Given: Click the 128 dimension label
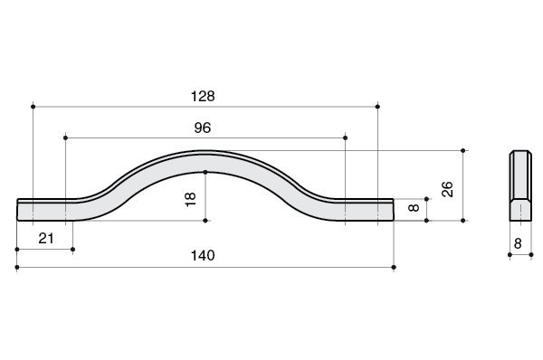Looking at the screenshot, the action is tap(203, 96).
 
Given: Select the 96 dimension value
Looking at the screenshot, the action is tap(202, 128).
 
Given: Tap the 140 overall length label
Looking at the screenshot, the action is tap(203, 255).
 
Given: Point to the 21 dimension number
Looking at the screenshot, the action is tap(46, 239).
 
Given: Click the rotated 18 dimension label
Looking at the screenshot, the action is tap(190, 200).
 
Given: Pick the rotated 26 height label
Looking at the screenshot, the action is tap(447, 189).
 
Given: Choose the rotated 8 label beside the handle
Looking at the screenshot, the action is tap(414, 208).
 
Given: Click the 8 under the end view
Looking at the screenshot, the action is tap(518, 243).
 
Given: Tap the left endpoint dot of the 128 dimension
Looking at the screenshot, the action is tap(33, 107).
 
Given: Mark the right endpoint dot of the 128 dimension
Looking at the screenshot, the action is tap(377, 107).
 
